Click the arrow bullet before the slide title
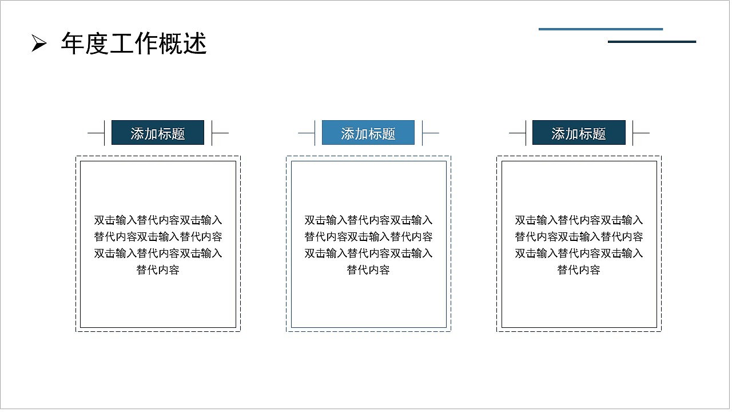[x=38, y=43]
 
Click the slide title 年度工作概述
[x=133, y=43]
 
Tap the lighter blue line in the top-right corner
[x=600, y=29]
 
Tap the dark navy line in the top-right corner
[x=652, y=42]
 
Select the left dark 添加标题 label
[x=158, y=133]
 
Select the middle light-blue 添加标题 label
[x=368, y=133]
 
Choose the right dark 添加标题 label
[x=579, y=133]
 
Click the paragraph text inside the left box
[x=158, y=244]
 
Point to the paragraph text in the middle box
[x=368, y=244]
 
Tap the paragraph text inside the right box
[x=579, y=244]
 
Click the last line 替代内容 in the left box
[x=158, y=270]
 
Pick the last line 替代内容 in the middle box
[x=368, y=270]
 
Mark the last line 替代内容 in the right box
[x=579, y=270]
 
